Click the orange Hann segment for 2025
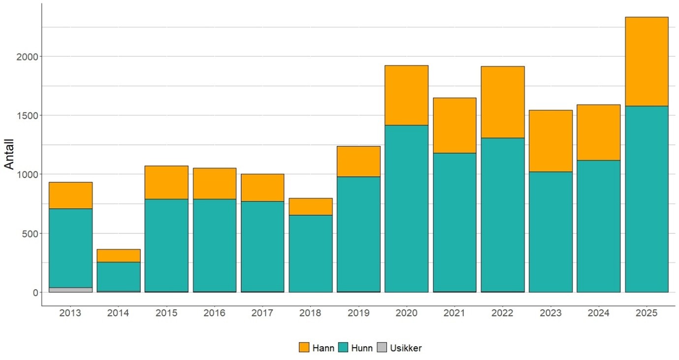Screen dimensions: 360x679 (x=647, y=62)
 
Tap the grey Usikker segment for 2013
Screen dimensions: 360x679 (x=70, y=290)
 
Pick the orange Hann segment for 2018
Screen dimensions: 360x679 (x=311, y=206)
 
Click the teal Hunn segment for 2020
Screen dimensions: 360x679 (x=407, y=208)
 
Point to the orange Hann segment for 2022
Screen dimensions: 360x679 (x=503, y=102)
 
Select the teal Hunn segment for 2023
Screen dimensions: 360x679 (x=550, y=231)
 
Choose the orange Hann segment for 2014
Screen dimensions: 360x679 (x=119, y=256)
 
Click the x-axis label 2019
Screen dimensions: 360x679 (x=358, y=313)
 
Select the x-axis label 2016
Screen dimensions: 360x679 (x=215, y=313)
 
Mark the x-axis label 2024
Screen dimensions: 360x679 (x=598, y=313)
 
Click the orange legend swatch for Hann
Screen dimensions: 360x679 (x=304, y=348)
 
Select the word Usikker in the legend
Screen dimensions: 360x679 (x=406, y=348)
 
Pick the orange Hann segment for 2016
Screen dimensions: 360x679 (x=215, y=183)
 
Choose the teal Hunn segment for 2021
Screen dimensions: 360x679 (x=454, y=222)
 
